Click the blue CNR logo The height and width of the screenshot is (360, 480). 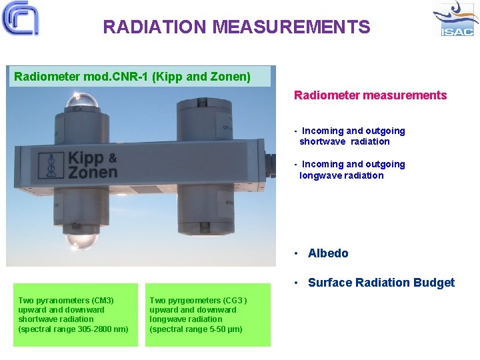pyautogui.click(x=20, y=18)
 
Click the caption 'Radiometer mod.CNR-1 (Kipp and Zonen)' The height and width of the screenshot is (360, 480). pyautogui.click(x=133, y=77)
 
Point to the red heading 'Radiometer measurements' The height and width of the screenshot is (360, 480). pyautogui.click(x=370, y=95)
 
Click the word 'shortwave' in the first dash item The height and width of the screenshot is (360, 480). pyautogui.click(x=323, y=141)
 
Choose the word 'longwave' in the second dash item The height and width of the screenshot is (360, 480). pyautogui.click(x=323, y=175)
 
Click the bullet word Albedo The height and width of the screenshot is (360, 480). pyautogui.click(x=328, y=253)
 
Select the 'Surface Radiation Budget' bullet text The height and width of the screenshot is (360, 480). pyautogui.click(x=381, y=283)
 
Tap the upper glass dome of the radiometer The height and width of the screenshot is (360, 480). pyautogui.click(x=82, y=102)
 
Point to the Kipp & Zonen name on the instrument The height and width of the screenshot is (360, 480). pyautogui.click(x=92, y=165)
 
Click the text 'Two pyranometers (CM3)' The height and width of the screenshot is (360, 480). pyautogui.click(x=66, y=301)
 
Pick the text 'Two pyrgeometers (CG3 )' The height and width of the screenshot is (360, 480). pyautogui.click(x=198, y=301)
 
